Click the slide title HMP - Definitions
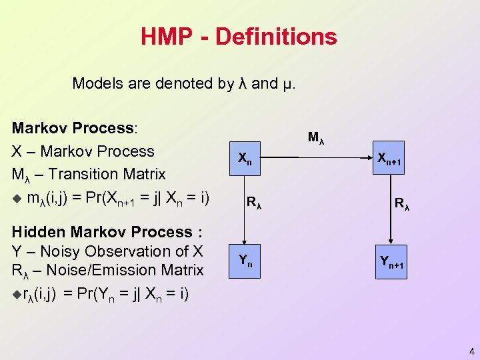coord(239,37)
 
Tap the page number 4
coord(471,351)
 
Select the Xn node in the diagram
coord(245,159)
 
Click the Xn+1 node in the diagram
coord(391,159)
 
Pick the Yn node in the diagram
coord(245,262)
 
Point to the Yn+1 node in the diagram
coord(391,263)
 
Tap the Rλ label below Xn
coord(254,203)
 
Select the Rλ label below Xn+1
coord(402,204)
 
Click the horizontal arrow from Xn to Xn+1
coord(320,158)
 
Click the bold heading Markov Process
coord(73,128)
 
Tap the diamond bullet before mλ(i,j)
coord(17,199)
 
